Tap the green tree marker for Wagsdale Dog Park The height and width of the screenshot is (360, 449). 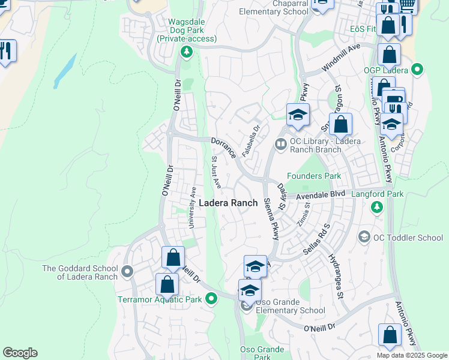tap(187, 52)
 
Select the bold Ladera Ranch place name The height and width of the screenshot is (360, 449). tap(228, 203)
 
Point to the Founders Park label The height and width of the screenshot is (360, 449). tap(314, 176)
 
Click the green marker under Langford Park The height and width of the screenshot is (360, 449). tap(376, 208)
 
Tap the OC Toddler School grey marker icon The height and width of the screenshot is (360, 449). tap(364, 238)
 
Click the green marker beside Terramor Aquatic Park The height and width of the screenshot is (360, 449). tap(211, 298)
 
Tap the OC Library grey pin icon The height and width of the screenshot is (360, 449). tap(280, 144)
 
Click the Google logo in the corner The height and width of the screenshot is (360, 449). tap(20, 353)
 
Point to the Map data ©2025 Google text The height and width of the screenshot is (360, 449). tap(411, 355)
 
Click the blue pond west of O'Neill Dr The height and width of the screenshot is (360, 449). tap(65, 71)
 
